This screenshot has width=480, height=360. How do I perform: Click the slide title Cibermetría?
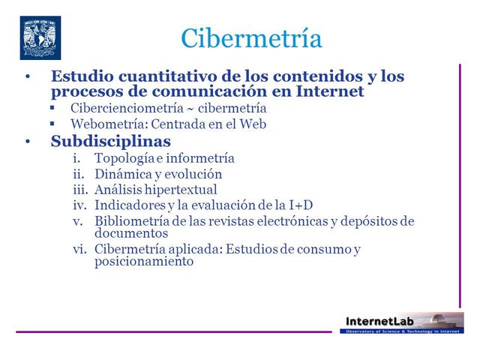[x=251, y=39]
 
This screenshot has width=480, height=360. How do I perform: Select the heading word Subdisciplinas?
[x=111, y=141]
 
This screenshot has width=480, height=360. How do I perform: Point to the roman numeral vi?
[x=80, y=250]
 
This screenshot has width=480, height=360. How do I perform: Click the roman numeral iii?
[x=79, y=190]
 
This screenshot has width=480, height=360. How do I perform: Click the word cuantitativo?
[x=162, y=76]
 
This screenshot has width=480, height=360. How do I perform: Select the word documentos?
[x=126, y=233]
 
